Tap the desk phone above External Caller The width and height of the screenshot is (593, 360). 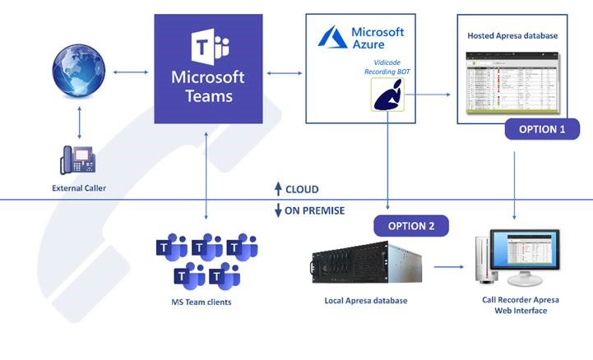coord(79,159)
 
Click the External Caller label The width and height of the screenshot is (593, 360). coord(79,188)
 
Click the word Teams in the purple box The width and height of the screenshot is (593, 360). coord(208,96)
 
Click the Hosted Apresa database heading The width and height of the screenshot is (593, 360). coord(512,36)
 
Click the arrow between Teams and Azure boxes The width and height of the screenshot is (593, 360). coord(284,74)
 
